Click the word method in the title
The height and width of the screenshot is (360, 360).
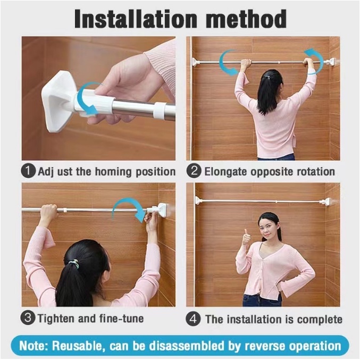[x=246, y=19]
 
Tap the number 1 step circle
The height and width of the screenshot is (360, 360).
[x=28, y=171]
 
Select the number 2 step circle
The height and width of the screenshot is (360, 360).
[x=194, y=171]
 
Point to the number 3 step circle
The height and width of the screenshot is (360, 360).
[x=28, y=318]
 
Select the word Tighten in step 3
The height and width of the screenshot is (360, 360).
[x=56, y=319]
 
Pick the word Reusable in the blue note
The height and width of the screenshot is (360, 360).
[x=77, y=346]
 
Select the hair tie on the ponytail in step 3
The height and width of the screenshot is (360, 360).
[x=74, y=263]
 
